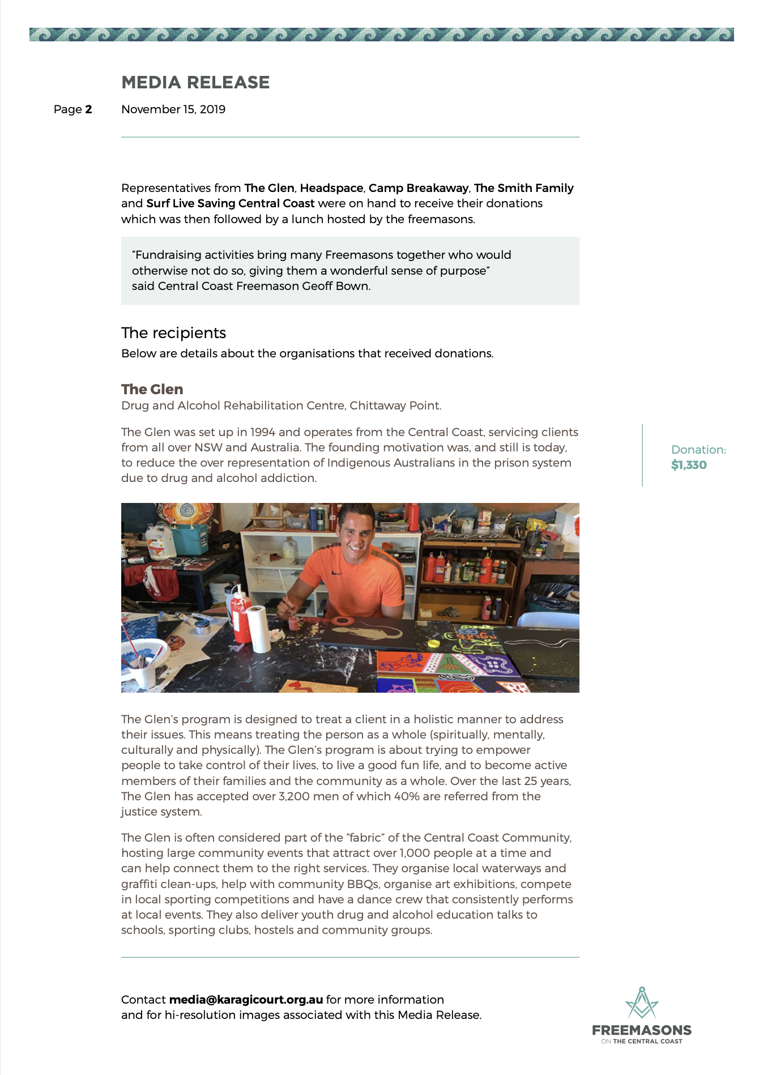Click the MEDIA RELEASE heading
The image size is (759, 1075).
(195, 83)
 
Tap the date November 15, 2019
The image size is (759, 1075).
(173, 109)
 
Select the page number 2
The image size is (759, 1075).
(88, 109)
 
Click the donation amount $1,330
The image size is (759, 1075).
(689, 465)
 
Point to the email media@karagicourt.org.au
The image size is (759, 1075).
(246, 1000)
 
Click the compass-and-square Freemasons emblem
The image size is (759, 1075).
(641, 1003)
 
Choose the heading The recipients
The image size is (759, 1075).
(173, 332)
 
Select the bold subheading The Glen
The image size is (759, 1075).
(152, 389)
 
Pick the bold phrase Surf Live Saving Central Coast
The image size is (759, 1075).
(230, 203)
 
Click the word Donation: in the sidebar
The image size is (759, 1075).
(698, 450)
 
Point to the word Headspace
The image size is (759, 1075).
(331, 188)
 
